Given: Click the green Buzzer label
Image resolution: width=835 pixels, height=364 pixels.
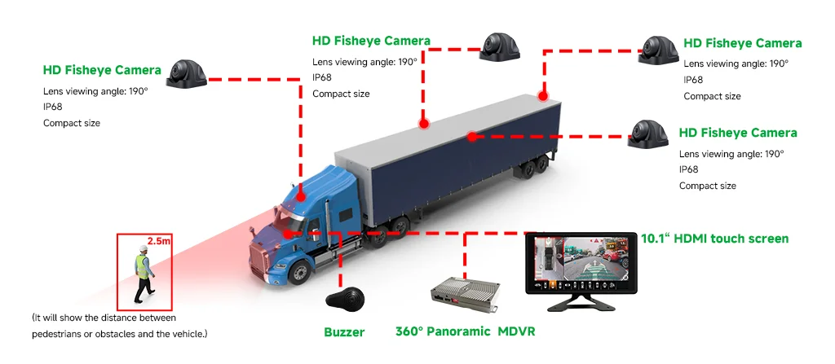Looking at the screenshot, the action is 344,332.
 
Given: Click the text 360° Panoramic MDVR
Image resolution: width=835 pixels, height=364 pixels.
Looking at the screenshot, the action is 465,331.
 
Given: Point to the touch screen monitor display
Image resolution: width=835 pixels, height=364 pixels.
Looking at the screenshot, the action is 581,263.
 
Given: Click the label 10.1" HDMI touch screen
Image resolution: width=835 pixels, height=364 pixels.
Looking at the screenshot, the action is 714,239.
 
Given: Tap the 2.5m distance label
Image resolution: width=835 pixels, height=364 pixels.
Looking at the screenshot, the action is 159,241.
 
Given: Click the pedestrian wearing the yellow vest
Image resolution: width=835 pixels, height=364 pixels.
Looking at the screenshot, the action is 144,274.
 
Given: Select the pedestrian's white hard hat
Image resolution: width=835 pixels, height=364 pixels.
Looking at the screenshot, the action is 143,248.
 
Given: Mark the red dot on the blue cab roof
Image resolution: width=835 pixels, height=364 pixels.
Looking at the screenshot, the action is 300,197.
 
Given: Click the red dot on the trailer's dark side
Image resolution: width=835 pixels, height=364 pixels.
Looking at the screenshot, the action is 471,137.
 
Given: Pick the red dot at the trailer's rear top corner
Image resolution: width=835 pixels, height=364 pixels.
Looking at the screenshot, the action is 542,96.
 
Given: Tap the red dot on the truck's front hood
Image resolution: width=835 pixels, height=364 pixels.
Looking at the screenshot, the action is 288,234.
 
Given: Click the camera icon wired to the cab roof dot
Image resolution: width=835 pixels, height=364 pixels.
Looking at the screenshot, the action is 187,73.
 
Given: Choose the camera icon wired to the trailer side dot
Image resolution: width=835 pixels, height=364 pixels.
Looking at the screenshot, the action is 647,134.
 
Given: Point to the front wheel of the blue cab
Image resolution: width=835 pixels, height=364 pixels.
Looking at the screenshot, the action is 300,273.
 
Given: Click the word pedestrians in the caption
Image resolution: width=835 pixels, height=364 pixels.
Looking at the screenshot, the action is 56,334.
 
